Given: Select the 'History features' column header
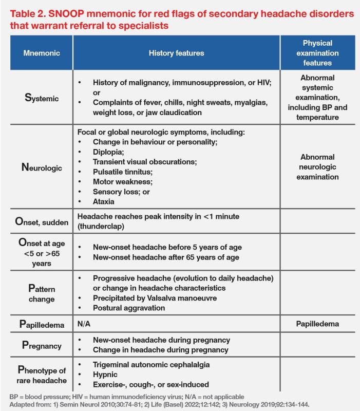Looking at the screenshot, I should point(176,53).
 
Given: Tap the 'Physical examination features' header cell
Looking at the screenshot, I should point(317,53).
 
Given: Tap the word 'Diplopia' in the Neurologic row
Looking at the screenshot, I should point(109,152).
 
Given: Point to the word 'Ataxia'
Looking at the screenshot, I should point(105,201).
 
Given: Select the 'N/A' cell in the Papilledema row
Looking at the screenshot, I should point(84,324).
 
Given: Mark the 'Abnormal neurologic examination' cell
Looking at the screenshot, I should point(317,167).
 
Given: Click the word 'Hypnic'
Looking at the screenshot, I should point(105,375).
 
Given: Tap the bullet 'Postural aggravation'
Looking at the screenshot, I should point(128,308).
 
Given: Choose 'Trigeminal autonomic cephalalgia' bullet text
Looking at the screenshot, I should point(151,364).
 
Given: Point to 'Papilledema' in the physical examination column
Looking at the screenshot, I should point(317,324).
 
